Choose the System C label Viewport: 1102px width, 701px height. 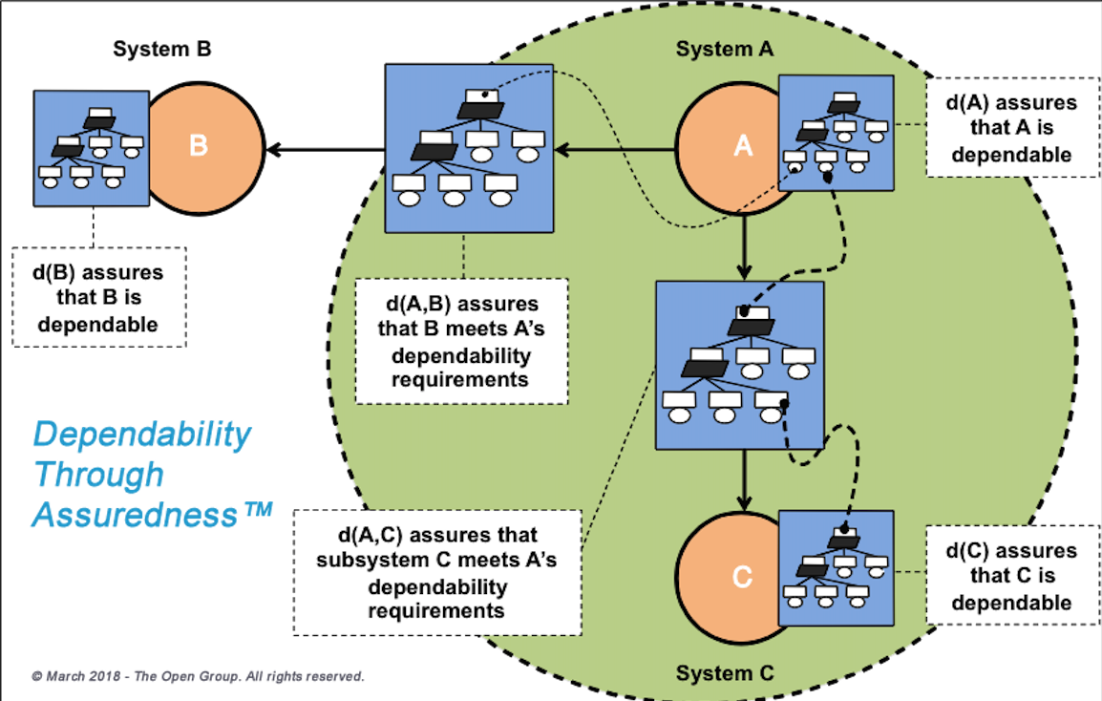[725, 673]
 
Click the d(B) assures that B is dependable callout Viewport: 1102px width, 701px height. [98, 299]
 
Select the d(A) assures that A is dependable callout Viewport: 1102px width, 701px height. [1010, 129]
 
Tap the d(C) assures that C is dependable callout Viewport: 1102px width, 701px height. [1011, 577]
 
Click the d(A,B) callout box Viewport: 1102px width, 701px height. [461, 341]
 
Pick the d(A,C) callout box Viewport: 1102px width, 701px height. [437, 572]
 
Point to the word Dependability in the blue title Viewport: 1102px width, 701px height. [141, 435]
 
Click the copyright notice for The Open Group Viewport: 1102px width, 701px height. [198, 676]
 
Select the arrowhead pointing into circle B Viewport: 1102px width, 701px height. [274, 149]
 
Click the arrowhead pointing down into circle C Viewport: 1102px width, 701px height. [744, 503]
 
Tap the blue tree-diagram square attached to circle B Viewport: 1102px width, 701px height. [91, 148]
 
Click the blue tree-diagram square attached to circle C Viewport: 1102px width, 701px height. [836, 567]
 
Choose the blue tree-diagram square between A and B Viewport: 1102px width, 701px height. [469, 148]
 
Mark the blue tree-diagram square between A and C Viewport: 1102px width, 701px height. [739, 365]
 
